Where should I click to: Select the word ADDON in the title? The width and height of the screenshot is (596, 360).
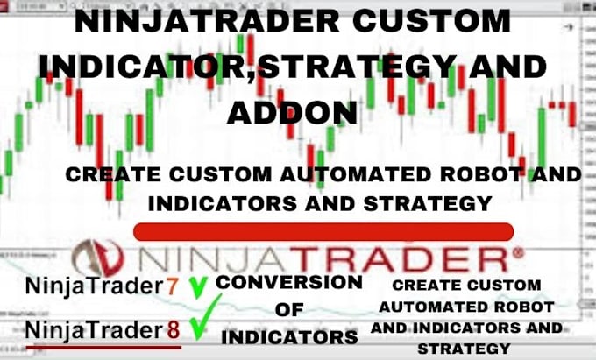293,112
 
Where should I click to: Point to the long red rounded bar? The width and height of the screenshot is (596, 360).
323,230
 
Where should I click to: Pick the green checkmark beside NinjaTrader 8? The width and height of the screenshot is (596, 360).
204,324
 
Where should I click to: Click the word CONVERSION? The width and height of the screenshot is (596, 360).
288,282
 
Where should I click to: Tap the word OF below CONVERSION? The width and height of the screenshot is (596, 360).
288,309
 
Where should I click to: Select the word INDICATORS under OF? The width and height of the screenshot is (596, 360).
288,336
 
